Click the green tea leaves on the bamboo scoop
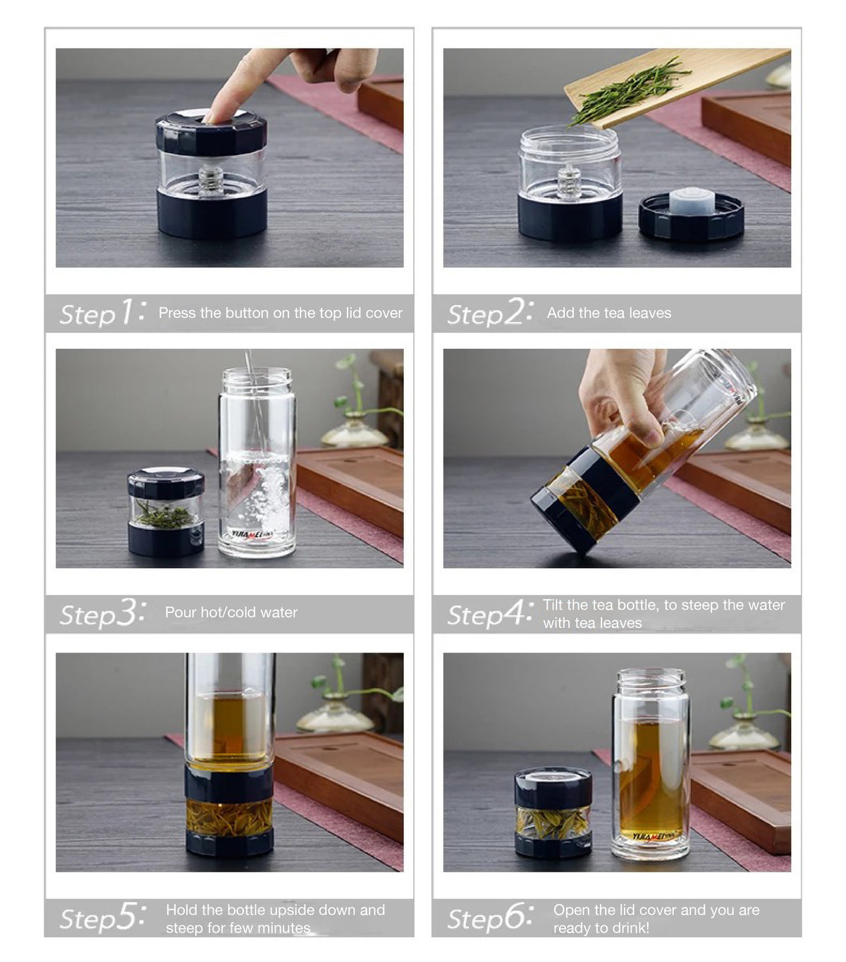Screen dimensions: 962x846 tap(627, 92)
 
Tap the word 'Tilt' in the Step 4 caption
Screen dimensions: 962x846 tap(554, 605)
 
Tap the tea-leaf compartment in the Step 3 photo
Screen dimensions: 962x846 tap(166, 514)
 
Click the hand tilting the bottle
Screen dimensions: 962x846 tap(620, 395)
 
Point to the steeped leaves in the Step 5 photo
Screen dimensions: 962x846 tap(229, 818)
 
